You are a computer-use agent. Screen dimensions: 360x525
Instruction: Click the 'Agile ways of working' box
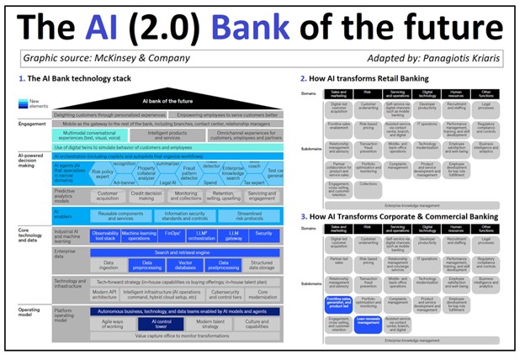(114, 323)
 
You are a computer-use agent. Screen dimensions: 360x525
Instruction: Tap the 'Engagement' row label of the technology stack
(33, 124)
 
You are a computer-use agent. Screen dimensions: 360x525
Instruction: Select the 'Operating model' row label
(33, 312)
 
